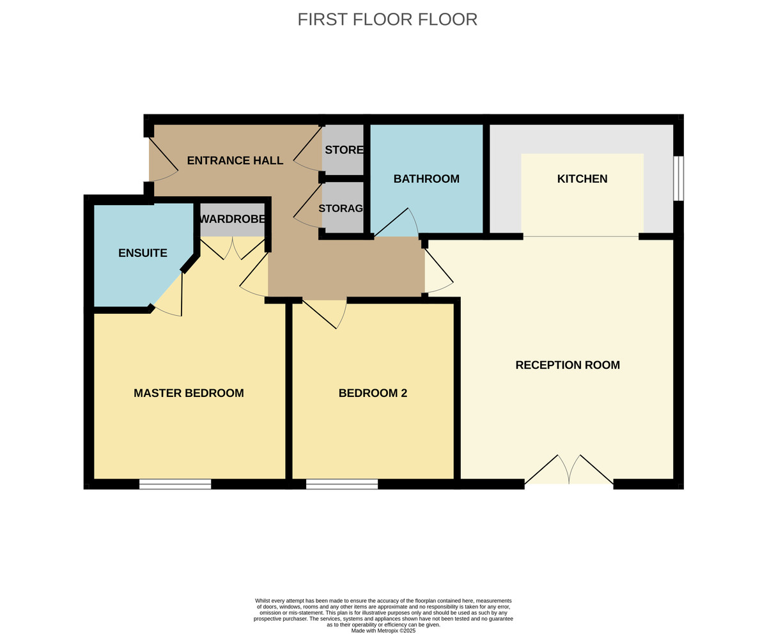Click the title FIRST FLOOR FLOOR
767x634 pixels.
pyautogui.click(x=387, y=19)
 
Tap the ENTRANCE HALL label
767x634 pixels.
pyautogui.click(x=235, y=160)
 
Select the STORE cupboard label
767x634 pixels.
pyautogui.click(x=344, y=150)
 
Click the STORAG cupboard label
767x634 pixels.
pyautogui.click(x=341, y=208)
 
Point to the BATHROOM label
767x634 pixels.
pyautogui.click(x=426, y=179)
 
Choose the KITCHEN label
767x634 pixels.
pyautogui.click(x=582, y=179)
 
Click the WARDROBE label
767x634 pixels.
pyautogui.click(x=232, y=219)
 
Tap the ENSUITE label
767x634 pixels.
pyautogui.click(x=143, y=253)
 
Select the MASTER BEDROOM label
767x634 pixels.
pyautogui.click(x=189, y=393)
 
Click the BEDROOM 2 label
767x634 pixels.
pyautogui.click(x=373, y=393)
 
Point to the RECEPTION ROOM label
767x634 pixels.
pyautogui.click(x=568, y=365)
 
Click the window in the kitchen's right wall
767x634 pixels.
pyautogui.click(x=678, y=178)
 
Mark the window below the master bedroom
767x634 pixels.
pyautogui.click(x=175, y=484)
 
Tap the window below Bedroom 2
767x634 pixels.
pyautogui.click(x=342, y=484)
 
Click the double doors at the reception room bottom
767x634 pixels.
pyautogui.click(x=569, y=472)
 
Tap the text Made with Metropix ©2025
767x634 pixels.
pyautogui.click(x=383, y=631)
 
